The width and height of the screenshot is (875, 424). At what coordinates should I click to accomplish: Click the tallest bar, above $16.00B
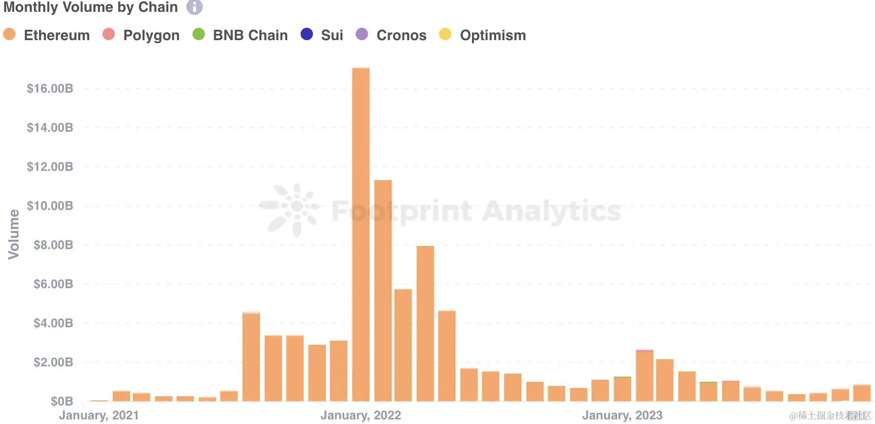pyautogui.click(x=360, y=234)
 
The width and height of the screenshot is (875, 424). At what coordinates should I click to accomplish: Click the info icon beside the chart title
pyautogui.click(x=194, y=7)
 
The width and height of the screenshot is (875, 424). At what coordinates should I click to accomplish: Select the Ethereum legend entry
pyautogui.click(x=46, y=35)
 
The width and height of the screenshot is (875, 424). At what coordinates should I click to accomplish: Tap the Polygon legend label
pyautogui.click(x=151, y=35)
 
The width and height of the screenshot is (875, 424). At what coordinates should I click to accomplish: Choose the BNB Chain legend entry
pyautogui.click(x=240, y=35)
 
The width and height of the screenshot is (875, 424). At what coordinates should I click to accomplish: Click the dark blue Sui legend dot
pyautogui.click(x=307, y=34)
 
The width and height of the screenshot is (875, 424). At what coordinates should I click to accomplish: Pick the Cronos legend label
pyautogui.click(x=401, y=35)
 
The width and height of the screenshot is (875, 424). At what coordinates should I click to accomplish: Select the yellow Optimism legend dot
pyautogui.click(x=445, y=34)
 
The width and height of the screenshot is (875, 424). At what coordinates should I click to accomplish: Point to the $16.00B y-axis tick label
pyautogui.click(x=50, y=89)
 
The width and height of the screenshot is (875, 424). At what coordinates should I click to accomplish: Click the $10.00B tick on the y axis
pyautogui.click(x=50, y=206)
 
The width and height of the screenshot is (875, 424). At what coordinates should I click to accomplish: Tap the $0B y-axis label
pyautogui.click(x=62, y=401)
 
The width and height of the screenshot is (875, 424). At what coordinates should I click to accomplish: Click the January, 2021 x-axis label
pyautogui.click(x=99, y=415)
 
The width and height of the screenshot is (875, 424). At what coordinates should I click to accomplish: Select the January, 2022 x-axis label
pyautogui.click(x=360, y=415)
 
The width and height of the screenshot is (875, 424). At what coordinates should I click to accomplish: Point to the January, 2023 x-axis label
pyautogui.click(x=622, y=415)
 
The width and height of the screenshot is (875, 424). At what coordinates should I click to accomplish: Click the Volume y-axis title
pyautogui.click(x=14, y=234)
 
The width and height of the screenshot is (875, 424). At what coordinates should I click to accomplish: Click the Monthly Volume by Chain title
pyautogui.click(x=91, y=7)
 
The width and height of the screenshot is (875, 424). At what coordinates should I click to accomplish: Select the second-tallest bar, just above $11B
pyautogui.click(x=383, y=291)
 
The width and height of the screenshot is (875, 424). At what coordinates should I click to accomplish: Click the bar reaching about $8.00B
pyautogui.click(x=425, y=324)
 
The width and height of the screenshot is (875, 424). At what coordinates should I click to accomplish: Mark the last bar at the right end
pyautogui.click(x=862, y=393)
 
